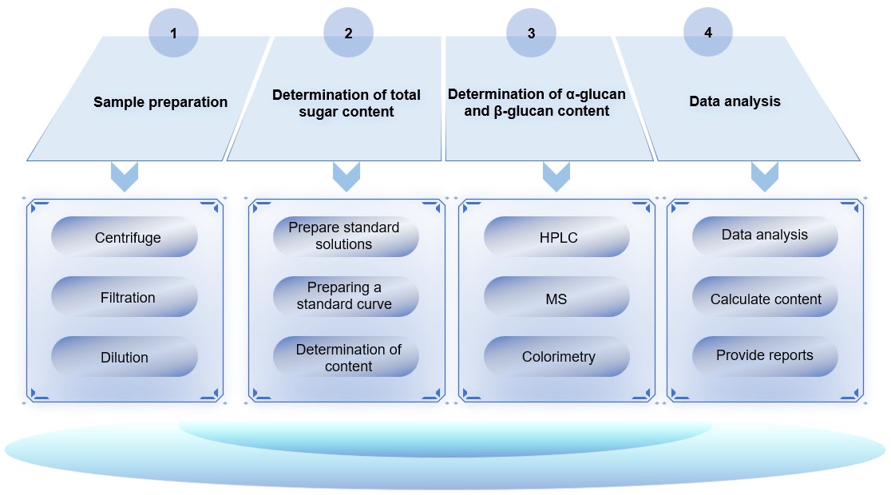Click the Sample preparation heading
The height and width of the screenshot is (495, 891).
point(160,102)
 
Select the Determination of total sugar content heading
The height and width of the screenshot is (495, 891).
point(346,104)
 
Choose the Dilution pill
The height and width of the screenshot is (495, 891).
point(125,357)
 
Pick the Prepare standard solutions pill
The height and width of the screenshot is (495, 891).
point(346,236)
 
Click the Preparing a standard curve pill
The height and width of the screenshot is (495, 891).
point(346,296)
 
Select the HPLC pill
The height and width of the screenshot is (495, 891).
point(558,237)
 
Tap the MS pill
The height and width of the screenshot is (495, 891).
point(558,297)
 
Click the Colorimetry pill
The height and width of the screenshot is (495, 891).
point(558,357)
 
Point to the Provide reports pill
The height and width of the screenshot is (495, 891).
point(765,355)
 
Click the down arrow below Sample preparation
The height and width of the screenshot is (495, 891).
point(125,176)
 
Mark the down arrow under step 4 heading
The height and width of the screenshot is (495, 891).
point(764,176)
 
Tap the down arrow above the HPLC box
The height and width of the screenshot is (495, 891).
point(556,176)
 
